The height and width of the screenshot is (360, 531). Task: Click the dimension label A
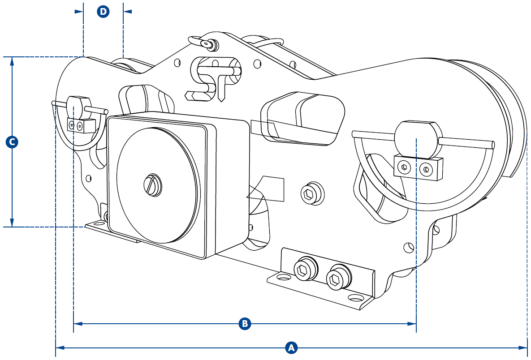291,347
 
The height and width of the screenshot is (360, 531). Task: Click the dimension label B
245,323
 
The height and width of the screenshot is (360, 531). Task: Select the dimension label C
12,142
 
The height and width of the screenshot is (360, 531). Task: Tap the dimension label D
103,12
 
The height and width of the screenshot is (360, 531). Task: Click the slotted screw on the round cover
153,185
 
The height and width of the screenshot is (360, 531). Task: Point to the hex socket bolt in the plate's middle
312,194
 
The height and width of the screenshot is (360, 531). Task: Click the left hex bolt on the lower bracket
305,269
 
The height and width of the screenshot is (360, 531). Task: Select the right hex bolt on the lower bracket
338,278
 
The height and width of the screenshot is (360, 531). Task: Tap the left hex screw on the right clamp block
404,167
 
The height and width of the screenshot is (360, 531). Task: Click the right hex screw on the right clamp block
426,169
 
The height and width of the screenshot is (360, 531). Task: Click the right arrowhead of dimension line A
523,347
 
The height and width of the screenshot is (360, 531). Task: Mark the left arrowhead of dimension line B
78,324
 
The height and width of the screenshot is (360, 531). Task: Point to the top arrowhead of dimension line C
12,61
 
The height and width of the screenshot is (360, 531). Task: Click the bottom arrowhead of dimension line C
12,222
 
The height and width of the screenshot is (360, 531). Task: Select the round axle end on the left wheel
78,107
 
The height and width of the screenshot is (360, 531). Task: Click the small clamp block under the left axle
81,125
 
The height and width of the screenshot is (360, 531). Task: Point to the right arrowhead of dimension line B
412,324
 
